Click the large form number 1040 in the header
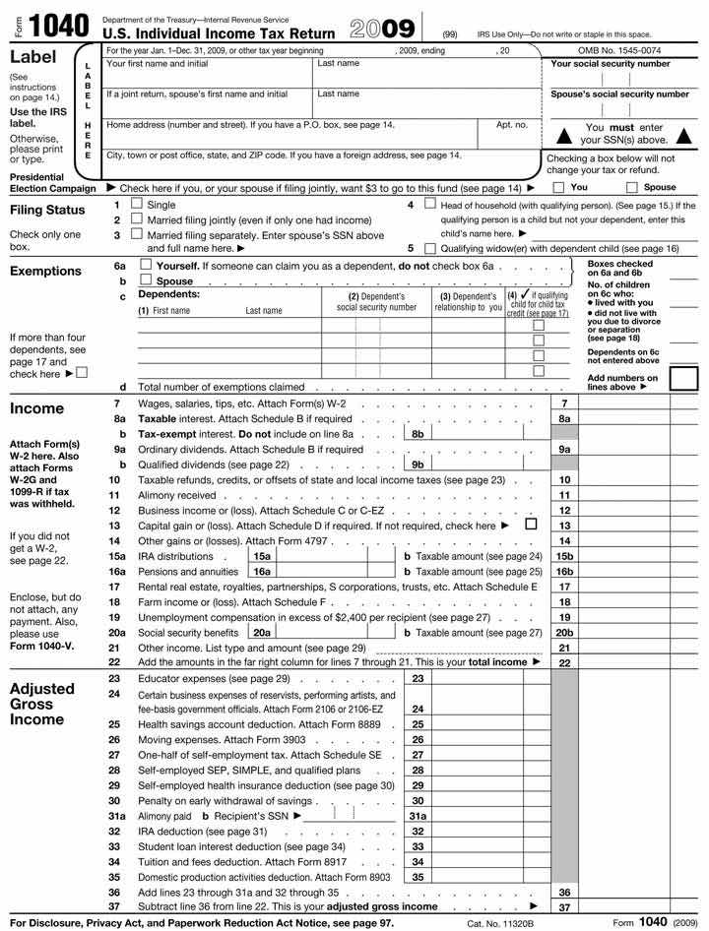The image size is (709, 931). [x=60, y=25]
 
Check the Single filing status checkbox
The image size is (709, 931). [x=137, y=205]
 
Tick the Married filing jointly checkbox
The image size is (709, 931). [x=137, y=219]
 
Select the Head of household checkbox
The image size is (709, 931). [x=429, y=205]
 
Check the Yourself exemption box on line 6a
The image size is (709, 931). [x=146, y=266]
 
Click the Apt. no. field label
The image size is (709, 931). [x=512, y=125]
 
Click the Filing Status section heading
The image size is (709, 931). [x=47, y=211]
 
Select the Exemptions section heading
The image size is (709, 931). [x=45, y=271]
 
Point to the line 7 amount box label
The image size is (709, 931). [x=564, y=403]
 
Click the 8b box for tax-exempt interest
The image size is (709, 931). [x=418, y=433]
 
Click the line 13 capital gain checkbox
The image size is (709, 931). [x=532, y=525]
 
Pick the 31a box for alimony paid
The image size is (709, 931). [x=418, y=815]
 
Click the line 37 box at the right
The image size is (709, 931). [x=564, y=906]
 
